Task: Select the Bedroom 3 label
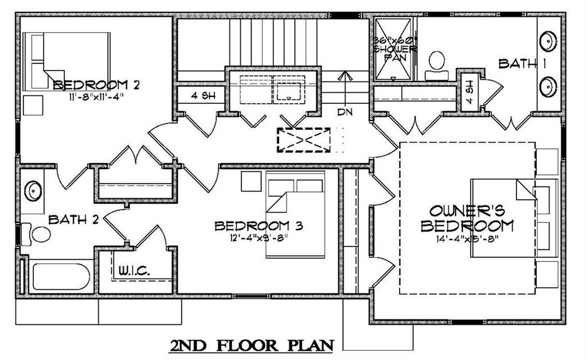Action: point(259,226)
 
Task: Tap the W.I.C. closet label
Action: point(135,270)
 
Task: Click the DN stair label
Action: point(344,111)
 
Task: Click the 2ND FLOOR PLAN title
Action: point(252,346)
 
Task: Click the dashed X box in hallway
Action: point(304,140)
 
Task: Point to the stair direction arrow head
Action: point(344,75)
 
